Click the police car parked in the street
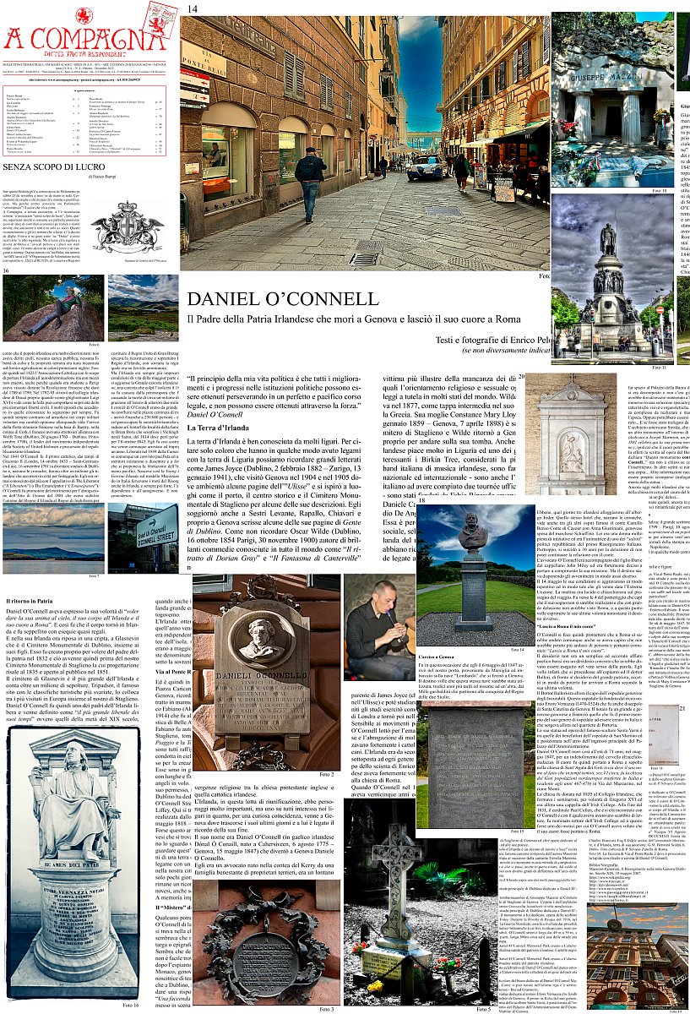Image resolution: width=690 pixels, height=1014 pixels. (424, 166)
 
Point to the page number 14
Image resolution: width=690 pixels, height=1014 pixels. (193, 8)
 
